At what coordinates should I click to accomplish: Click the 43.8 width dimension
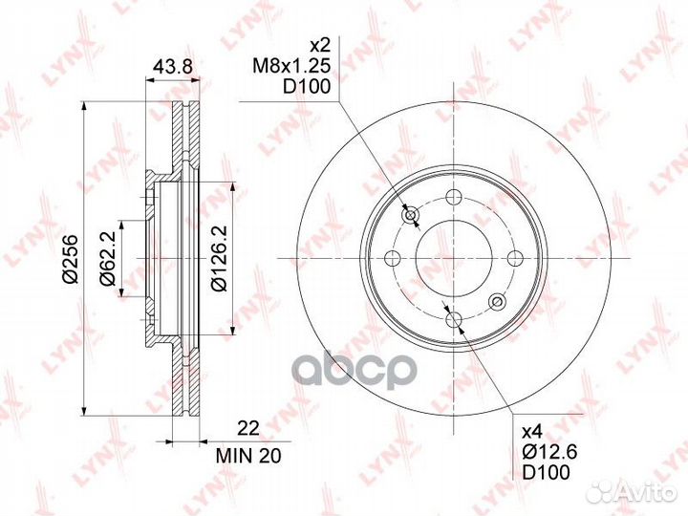pos(172,67)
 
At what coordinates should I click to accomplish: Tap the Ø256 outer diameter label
pos(70,259)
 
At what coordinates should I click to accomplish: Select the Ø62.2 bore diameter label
pos(107,258)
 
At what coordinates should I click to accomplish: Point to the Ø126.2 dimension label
pos(219,258)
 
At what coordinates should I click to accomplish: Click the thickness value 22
pos(248,428)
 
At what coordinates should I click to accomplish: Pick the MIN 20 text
pos(248,456)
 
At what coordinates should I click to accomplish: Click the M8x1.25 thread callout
pos(290,66)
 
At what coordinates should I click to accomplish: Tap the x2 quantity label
pos(319,45)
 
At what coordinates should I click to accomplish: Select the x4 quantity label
pos(532,432)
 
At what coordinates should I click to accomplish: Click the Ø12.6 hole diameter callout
pos(549,452)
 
